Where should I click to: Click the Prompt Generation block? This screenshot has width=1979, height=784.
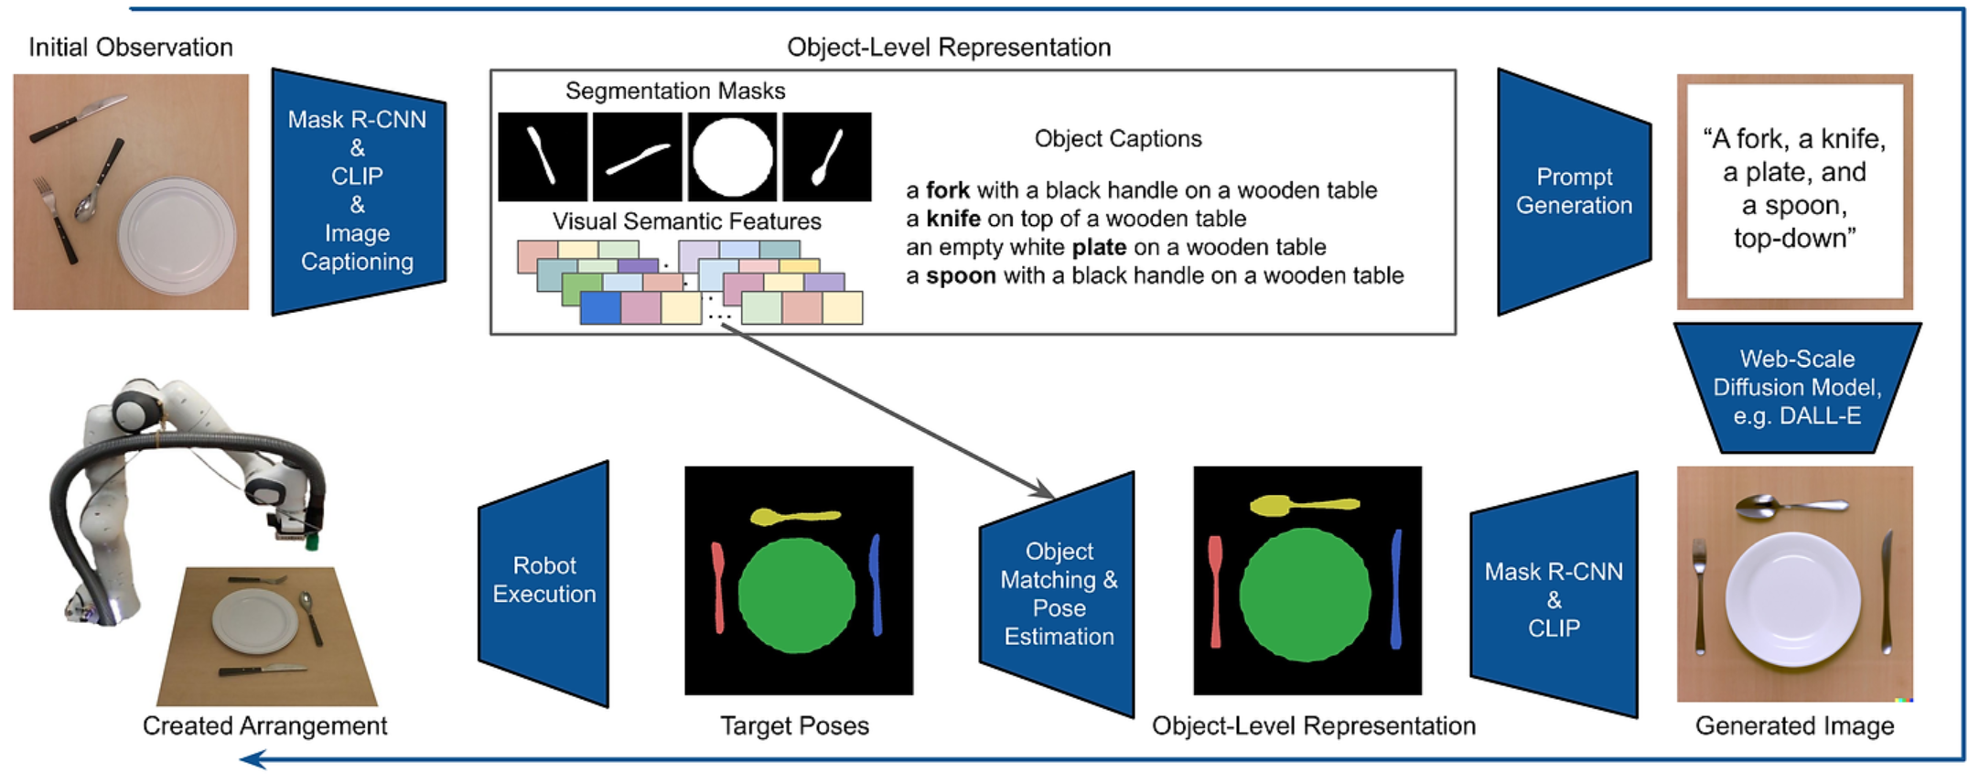[1574, 191]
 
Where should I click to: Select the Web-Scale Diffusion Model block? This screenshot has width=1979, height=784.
[1797, 387]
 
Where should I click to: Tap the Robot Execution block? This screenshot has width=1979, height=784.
[544, 580]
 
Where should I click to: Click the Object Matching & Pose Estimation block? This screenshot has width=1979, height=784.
[1059, 594]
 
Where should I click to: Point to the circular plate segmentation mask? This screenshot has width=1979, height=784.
[732, 156]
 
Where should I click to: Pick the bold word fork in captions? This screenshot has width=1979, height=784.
[947, 190]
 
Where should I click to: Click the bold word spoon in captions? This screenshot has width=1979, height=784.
[961, 275]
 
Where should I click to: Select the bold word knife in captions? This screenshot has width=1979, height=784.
[952, 219]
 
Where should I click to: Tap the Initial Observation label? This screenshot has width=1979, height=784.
[131, 48]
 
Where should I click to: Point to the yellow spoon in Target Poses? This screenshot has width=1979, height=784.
[793, 517]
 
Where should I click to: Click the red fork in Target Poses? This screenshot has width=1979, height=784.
[718, 586]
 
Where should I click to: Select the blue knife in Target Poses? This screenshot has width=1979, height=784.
[876, 585]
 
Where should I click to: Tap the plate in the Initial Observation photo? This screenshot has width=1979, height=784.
[177, 235]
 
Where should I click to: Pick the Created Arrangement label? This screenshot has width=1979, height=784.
[264, 725]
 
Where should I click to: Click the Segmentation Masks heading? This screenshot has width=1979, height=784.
[674, 91]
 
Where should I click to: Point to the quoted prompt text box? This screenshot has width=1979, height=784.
[1794, 190]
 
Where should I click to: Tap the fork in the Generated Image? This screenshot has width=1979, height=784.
[1700, 595]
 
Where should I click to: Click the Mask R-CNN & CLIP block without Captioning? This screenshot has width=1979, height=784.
[1554, 599]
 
